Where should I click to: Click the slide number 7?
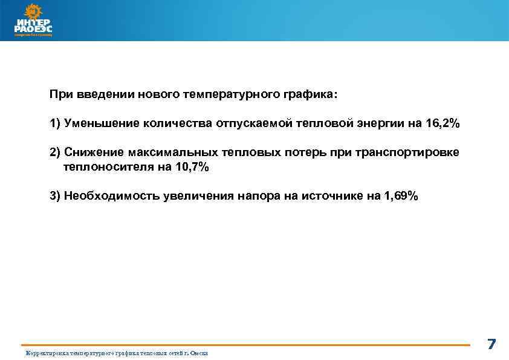click(x=491, y=345)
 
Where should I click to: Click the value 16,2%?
click(x=443, y=123)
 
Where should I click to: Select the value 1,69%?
click(x=400, y=196)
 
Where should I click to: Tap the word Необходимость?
click(x=111, y=196)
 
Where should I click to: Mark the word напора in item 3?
click(x=259, y=196)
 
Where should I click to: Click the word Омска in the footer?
click(x=199, y=353)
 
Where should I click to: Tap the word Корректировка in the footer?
click(x=46, y=353)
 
